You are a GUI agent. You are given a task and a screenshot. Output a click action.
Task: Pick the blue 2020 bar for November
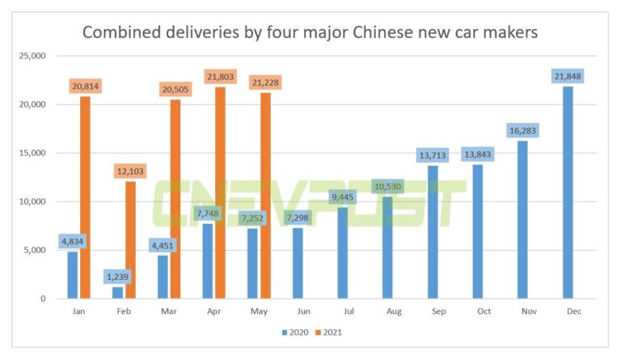tap(523, 219)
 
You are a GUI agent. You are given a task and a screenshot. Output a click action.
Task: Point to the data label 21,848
tap(568, 76)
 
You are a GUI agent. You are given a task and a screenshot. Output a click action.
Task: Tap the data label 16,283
tap(523, 130)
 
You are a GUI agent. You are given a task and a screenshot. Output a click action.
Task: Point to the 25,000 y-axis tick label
tap(32, 56)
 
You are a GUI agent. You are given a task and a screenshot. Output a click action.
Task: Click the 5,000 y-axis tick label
tap(34, 250)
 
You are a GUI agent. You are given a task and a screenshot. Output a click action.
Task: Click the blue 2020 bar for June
tap(298, 263)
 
